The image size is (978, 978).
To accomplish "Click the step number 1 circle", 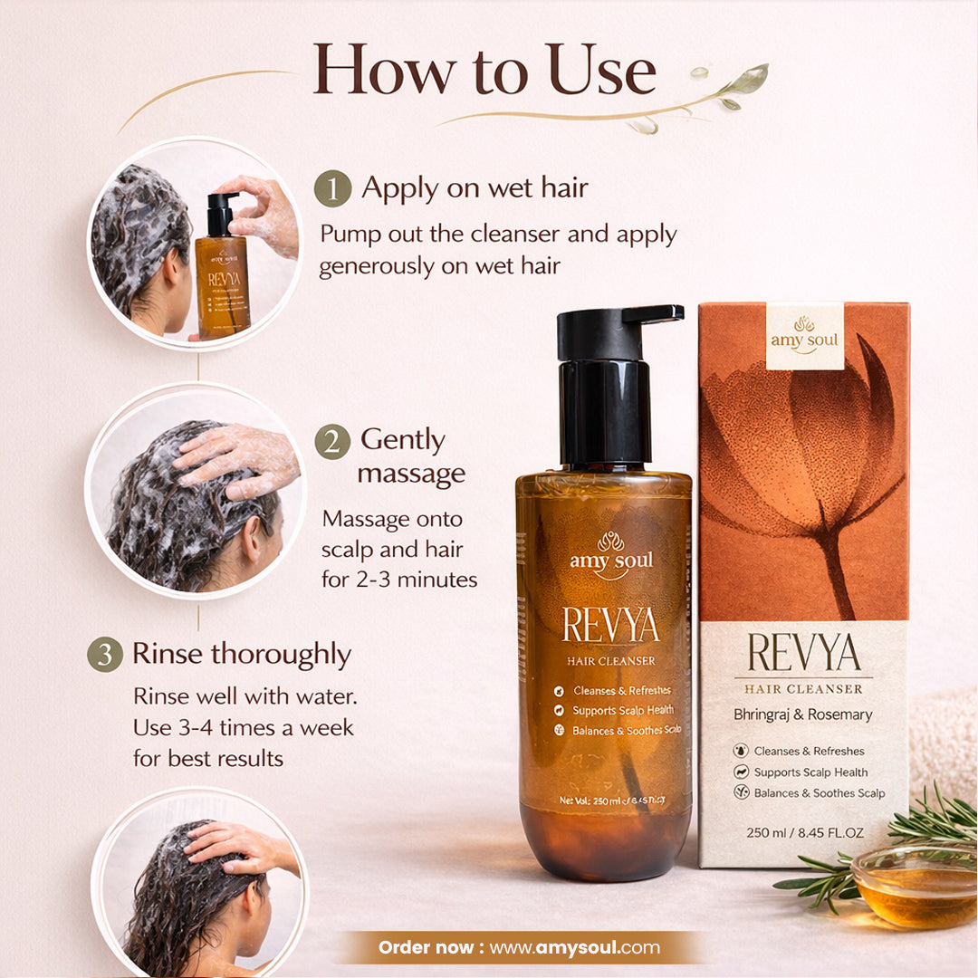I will pos(332,189).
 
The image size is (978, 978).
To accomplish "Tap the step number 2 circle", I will pos(332,441).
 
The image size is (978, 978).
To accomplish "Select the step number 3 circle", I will pos(104,654).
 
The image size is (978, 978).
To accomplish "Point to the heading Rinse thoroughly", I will pos(242,654).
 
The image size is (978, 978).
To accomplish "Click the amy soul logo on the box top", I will pos(804,335).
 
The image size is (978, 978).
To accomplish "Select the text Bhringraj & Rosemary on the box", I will pos(803,714).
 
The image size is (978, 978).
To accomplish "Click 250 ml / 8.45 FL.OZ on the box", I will pos(804,833).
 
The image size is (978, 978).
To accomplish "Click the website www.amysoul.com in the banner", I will pos(575,948).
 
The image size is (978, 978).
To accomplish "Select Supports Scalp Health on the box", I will pos(810,772).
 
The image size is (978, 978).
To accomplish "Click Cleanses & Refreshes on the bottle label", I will pos(620,691).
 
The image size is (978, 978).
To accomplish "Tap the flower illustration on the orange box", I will pos(806,453).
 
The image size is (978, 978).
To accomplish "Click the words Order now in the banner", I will pos(429,948).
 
